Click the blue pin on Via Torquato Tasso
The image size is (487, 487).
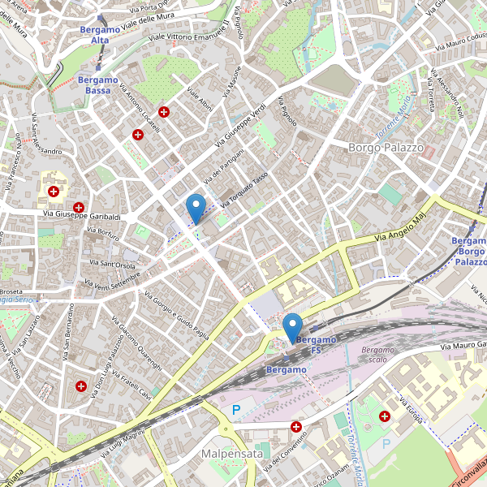196,208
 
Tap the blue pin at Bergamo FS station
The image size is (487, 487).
292,327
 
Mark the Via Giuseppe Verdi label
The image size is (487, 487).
239,128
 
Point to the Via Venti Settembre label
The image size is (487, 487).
112,281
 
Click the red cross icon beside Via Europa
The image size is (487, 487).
385,416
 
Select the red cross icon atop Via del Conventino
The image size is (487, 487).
296,427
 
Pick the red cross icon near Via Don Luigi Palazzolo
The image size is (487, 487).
81,386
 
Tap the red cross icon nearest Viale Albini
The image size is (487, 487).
164,112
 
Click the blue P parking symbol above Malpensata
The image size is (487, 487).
236,411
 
